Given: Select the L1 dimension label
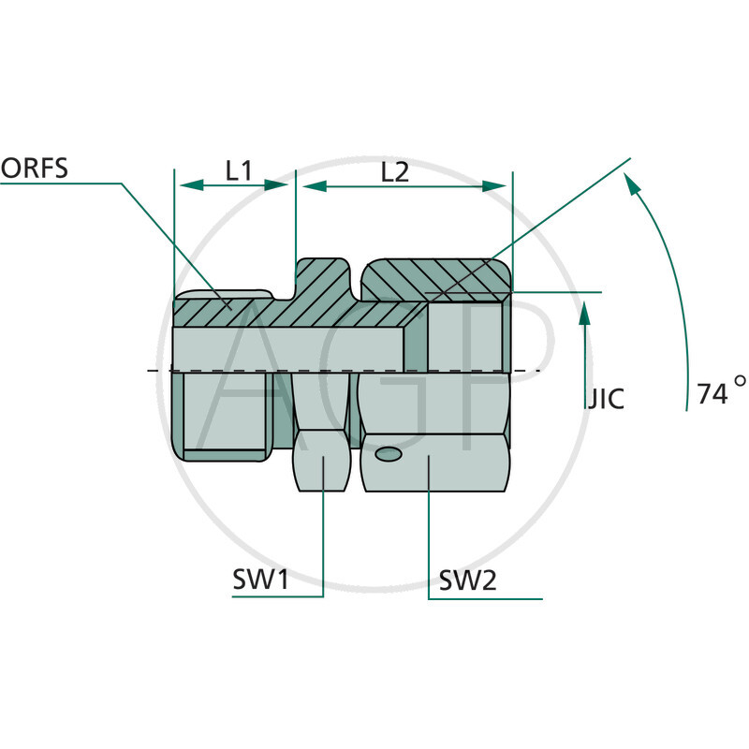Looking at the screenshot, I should click(x=239, y=170).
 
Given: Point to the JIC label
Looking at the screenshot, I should click(x=604, y=399).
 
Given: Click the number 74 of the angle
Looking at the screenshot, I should click(x=712, y=394).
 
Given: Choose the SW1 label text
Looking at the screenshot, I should click(x=261, y=581).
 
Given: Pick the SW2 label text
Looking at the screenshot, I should click(x=468, y=581).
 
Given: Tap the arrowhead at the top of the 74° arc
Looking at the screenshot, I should click(x=634, y=187).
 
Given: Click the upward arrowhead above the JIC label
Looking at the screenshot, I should click(x=585, y=313).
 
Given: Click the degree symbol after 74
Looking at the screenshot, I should click(x=741, y=382).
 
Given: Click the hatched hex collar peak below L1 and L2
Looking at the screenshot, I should click(x=323, y=281).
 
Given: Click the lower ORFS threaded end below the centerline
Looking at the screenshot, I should click(x=225, y=412).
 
